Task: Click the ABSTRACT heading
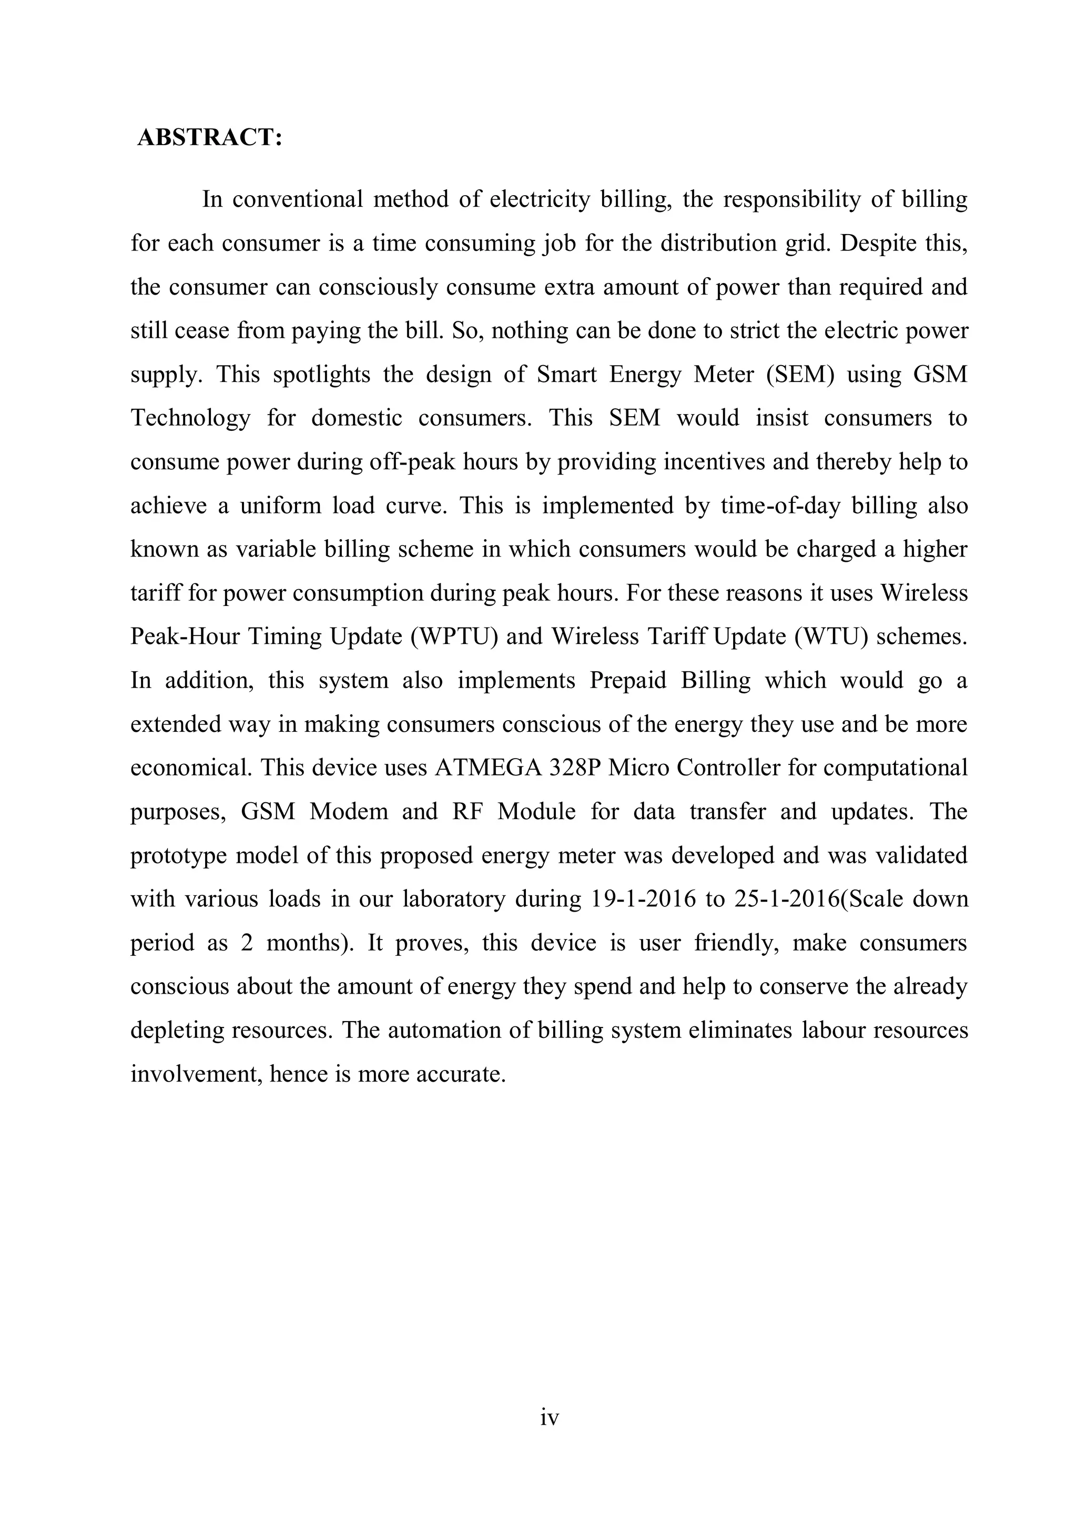[x=210, y=137]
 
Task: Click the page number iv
[x=550, y=1418]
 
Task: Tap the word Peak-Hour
[x=185, y=637]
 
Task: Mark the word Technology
[x=190, y=418]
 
